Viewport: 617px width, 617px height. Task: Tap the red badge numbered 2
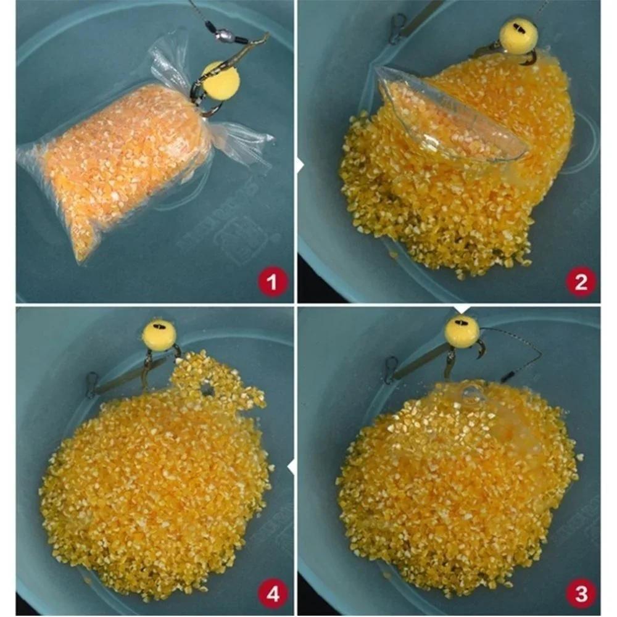[x=581, y=282]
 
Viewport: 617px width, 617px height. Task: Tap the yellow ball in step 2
[x=518, y=35]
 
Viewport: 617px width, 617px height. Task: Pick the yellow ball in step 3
[x=462, y=331]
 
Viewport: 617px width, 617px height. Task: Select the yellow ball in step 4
[x=160, y=335]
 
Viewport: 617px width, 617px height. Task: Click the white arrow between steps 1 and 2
[x=300, y=165]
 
